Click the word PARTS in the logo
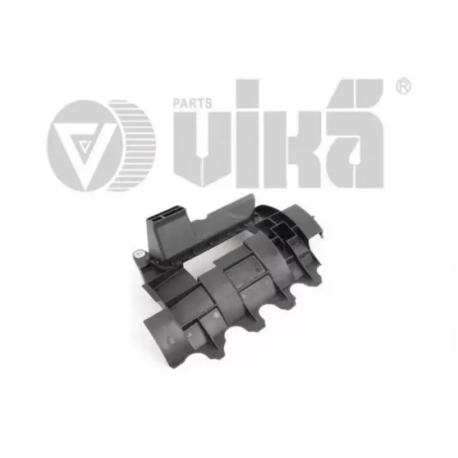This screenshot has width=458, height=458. pos(192,103)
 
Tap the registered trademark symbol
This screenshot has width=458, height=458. pos(404,86)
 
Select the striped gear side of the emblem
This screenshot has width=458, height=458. pos(132,145)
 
